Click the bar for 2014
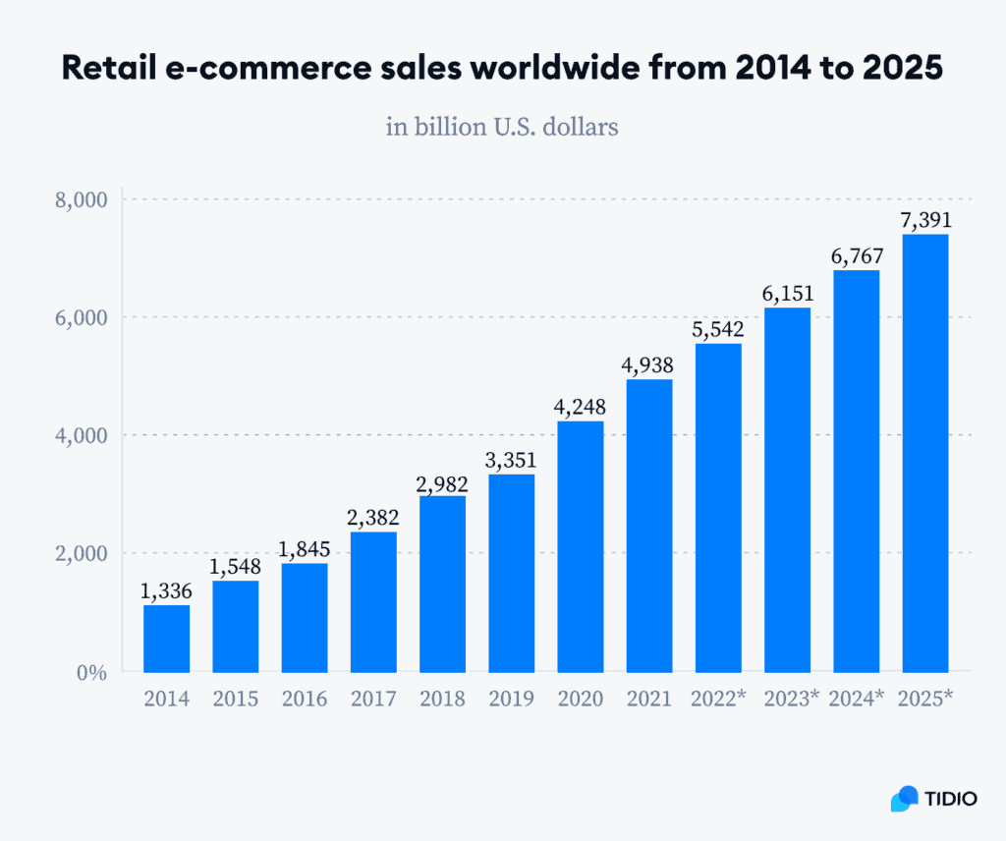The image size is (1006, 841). [166, 639]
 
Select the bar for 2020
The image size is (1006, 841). [581, 546]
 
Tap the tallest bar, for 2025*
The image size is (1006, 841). [925, 453]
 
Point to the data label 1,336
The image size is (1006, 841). [166, 591]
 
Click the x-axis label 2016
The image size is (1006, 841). [305, 700]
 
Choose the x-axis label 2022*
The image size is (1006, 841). [718, 700]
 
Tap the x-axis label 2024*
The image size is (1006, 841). [857, 700]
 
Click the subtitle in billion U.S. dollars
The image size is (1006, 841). [502, 127]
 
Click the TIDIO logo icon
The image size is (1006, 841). [904, 799]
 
